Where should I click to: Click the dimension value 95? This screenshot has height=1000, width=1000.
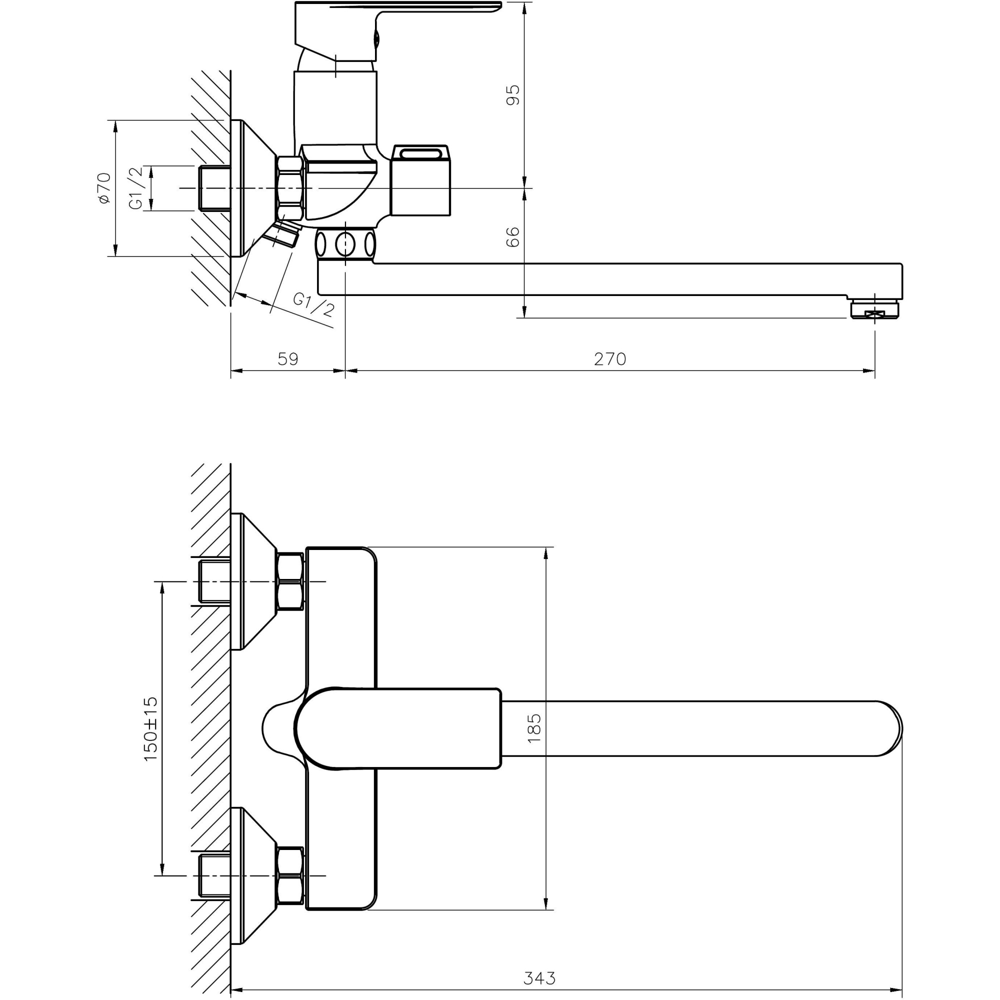pos(512,94)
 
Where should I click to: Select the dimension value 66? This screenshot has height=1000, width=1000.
pos(512,237)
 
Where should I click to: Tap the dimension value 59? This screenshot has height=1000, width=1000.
pos(288,358)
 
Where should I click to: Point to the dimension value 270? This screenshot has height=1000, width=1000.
pos(609,358)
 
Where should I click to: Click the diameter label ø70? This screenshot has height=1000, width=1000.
pos(104,188)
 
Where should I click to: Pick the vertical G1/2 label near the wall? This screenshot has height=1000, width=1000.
pos(135,188)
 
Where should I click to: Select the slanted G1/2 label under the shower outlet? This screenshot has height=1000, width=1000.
pos(313,305)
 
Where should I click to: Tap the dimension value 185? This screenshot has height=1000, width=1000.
pos(533,728)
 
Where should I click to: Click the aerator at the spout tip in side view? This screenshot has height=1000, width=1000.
pos(874,309)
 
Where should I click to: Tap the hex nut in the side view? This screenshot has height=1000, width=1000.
pos(289,188)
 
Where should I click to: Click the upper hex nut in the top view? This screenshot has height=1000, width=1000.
pos(290,582)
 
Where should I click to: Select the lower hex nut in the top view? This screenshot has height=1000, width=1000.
pos(290,876)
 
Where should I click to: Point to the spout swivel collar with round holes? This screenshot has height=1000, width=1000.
pos(345,244)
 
